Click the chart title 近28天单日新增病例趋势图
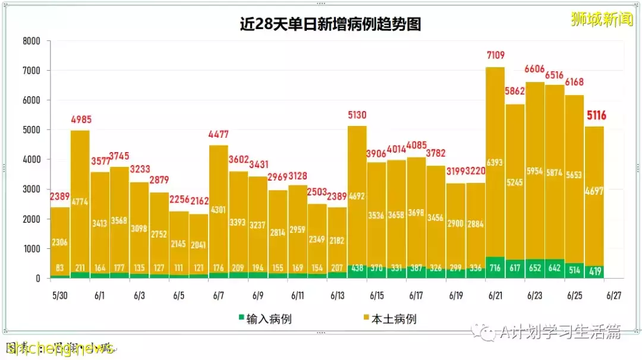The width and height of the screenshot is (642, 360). point(330,24)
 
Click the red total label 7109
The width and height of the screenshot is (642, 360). point(495,56)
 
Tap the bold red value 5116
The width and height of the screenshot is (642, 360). point(596,115)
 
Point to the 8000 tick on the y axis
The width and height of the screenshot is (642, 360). point(31,41)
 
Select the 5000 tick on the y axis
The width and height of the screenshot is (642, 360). point(31,130)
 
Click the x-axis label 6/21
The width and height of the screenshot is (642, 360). point(495,295)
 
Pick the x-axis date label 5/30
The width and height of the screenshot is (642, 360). point(59,295)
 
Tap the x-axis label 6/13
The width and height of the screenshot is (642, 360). point(337,295)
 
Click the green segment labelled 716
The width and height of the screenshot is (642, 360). point(495,268)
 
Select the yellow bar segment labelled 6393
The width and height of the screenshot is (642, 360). point(495,162)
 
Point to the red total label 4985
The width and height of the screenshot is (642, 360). point(80,119)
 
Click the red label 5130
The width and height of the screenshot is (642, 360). point(357,115)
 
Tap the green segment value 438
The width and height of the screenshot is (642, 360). point(357,268)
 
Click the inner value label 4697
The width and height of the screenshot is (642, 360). point(594,191)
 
